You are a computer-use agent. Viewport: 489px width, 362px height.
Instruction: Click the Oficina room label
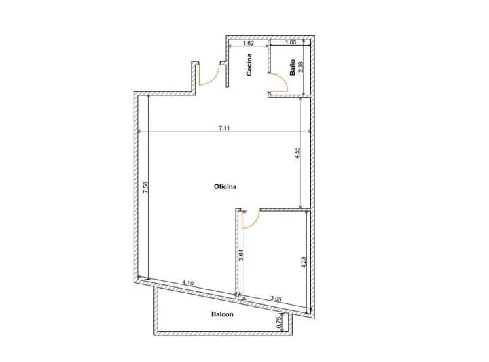coord(225,186)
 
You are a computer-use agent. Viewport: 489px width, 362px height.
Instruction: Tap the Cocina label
coord(249,65)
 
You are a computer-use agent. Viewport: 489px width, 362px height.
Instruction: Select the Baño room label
coord(293,67)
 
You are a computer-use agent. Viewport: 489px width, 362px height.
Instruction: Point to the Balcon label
coord(222,314)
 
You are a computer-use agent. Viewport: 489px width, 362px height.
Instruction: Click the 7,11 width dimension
coord(224,128)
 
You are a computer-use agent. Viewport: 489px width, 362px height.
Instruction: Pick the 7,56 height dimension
coord(145,187)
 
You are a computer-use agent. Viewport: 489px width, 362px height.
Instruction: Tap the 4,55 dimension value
coord(297,153)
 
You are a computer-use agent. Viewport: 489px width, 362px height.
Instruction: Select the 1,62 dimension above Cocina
coord(249,43)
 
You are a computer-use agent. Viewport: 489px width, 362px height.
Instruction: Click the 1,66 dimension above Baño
coord(291,42)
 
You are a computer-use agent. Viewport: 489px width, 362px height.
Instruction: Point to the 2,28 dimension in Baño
coord(301,67)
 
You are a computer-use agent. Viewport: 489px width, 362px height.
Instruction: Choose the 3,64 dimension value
coord(240,255)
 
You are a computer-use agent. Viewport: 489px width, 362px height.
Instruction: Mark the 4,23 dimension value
coord(304,263)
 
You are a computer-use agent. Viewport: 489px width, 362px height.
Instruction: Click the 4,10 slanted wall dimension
coord(188,283)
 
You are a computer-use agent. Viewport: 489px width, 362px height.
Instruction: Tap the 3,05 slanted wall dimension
coord(276,299)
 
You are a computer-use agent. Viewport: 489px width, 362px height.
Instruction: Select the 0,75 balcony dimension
coord(279,323)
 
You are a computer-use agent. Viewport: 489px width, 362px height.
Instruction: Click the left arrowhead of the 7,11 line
coord(139,131)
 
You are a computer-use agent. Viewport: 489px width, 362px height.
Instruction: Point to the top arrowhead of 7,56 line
coord(148,97)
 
